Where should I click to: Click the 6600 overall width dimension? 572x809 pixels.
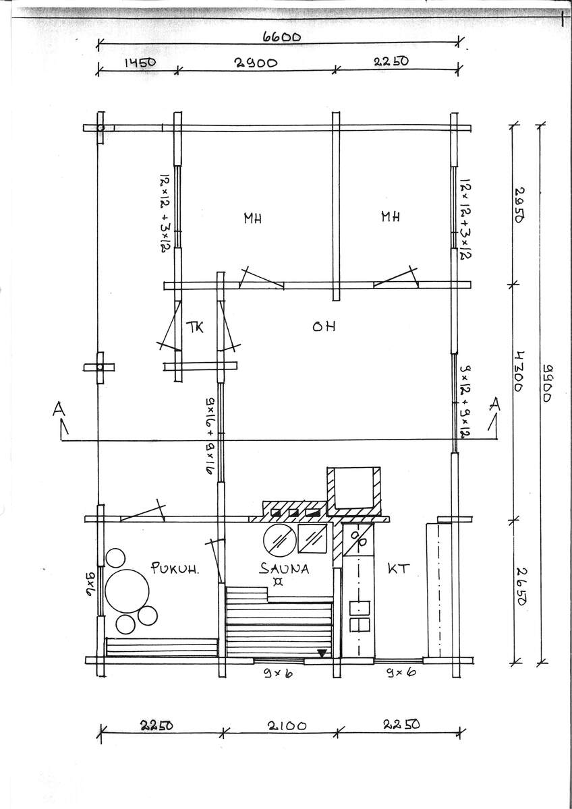click(x=281, y=37)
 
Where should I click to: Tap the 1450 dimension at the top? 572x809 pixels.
click(x=140, y=63)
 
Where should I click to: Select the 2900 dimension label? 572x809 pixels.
click(x=256, y=63)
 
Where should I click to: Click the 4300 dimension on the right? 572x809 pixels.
click(x=518, y=372)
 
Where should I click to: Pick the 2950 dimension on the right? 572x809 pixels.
click(x=519, y=205)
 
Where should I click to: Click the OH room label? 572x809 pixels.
click(x=324, y=326)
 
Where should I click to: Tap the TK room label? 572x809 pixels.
click(x=195, y=327)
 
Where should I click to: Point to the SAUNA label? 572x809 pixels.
click(x=284, y=569)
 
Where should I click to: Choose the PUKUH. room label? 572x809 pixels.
click(x=175, y=568)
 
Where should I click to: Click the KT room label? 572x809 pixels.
click(x=399, y=569)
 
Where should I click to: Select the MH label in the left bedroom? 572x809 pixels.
click(x=252, y=218)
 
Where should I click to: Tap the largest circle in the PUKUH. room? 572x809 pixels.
click(x=127, y=591)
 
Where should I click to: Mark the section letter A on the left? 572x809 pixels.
click(x=59, y=409)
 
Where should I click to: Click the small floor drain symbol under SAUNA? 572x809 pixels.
click(x=277, y=582)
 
